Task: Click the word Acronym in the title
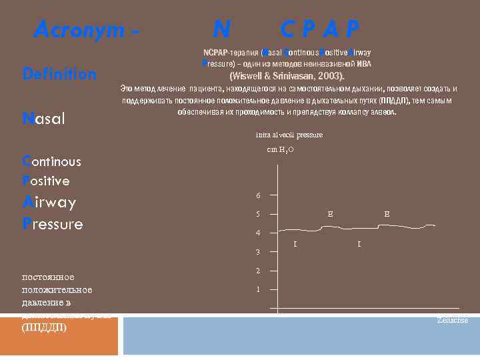click(x=79, y=29)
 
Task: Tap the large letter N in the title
click(x=222, y=29)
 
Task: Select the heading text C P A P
click(x=320, y=29)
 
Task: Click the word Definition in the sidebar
click(x=59, y=75)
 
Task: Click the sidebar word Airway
click(x=49, y=202)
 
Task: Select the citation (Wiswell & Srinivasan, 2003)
click(x=287, y=75)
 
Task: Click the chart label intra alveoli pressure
click(x=289, y=135)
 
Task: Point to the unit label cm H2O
click(x=280, y=150)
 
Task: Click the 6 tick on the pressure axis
click(x=259, y=195)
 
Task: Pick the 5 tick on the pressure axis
click(x=259, y=214)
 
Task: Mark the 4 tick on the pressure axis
click(x=259, y=233)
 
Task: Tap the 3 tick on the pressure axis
click(x=259, y=252)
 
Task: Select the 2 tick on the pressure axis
click(x=259, y=271)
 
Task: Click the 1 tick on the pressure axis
click(x=259, y=289)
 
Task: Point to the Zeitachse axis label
click(x=452, y=321)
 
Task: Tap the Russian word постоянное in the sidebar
click(x=48, y=277)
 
